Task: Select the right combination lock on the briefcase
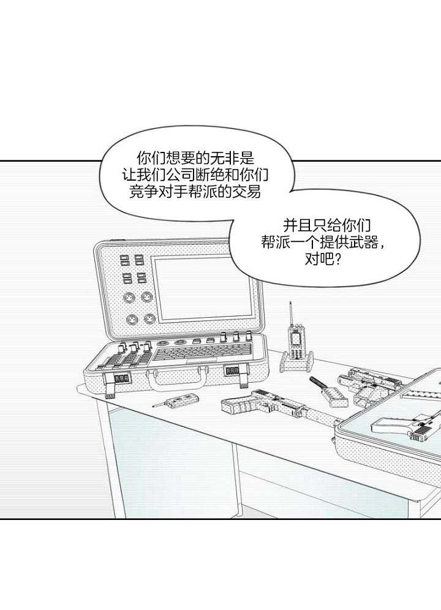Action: (x=233, y=371)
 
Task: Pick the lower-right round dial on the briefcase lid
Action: (x=149, y=320)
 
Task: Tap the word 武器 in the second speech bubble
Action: (x=366, y=243)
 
